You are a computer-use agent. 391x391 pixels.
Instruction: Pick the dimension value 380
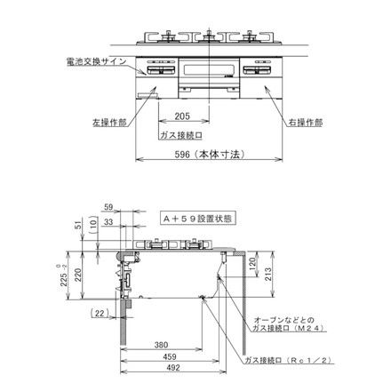161,345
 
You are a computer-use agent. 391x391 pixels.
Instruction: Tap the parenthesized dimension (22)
100,314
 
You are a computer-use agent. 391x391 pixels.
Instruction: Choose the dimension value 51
78,226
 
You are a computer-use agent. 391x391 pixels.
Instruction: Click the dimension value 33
108,223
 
